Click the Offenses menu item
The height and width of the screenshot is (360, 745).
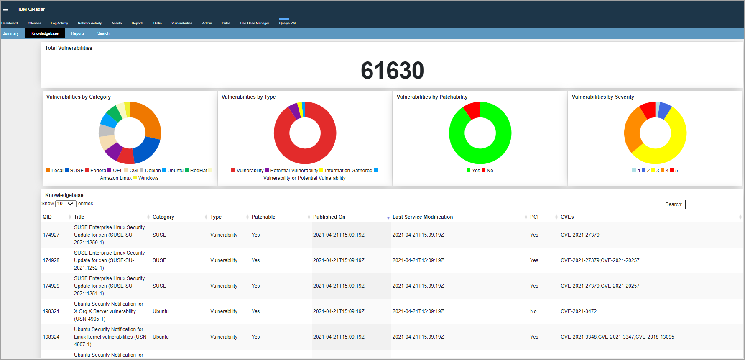pos(34,23)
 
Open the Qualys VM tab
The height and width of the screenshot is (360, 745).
pos(287,23)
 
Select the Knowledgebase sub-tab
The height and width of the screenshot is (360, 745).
pos(45,33)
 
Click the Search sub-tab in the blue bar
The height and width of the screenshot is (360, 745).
pos(103,33)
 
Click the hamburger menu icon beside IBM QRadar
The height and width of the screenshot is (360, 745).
pos(5,9)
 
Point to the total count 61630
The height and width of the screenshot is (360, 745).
pos(392,70)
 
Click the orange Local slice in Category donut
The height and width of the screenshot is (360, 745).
pos(149,119)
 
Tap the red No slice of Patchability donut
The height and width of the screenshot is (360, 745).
pos(473,110)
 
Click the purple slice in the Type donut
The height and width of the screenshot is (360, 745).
pos(294,110)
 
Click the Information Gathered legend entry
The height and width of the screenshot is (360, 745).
pos(348,171)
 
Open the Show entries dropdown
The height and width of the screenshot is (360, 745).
pos(66,204)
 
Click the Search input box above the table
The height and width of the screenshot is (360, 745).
pos(714,204)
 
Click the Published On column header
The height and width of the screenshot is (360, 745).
pos(329,217)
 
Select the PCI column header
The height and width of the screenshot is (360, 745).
pos(534,217)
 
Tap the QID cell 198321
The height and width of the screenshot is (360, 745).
pos(51,311)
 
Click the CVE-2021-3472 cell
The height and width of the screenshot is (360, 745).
pos(579,311)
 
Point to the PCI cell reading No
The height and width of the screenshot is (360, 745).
pos(533,311)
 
